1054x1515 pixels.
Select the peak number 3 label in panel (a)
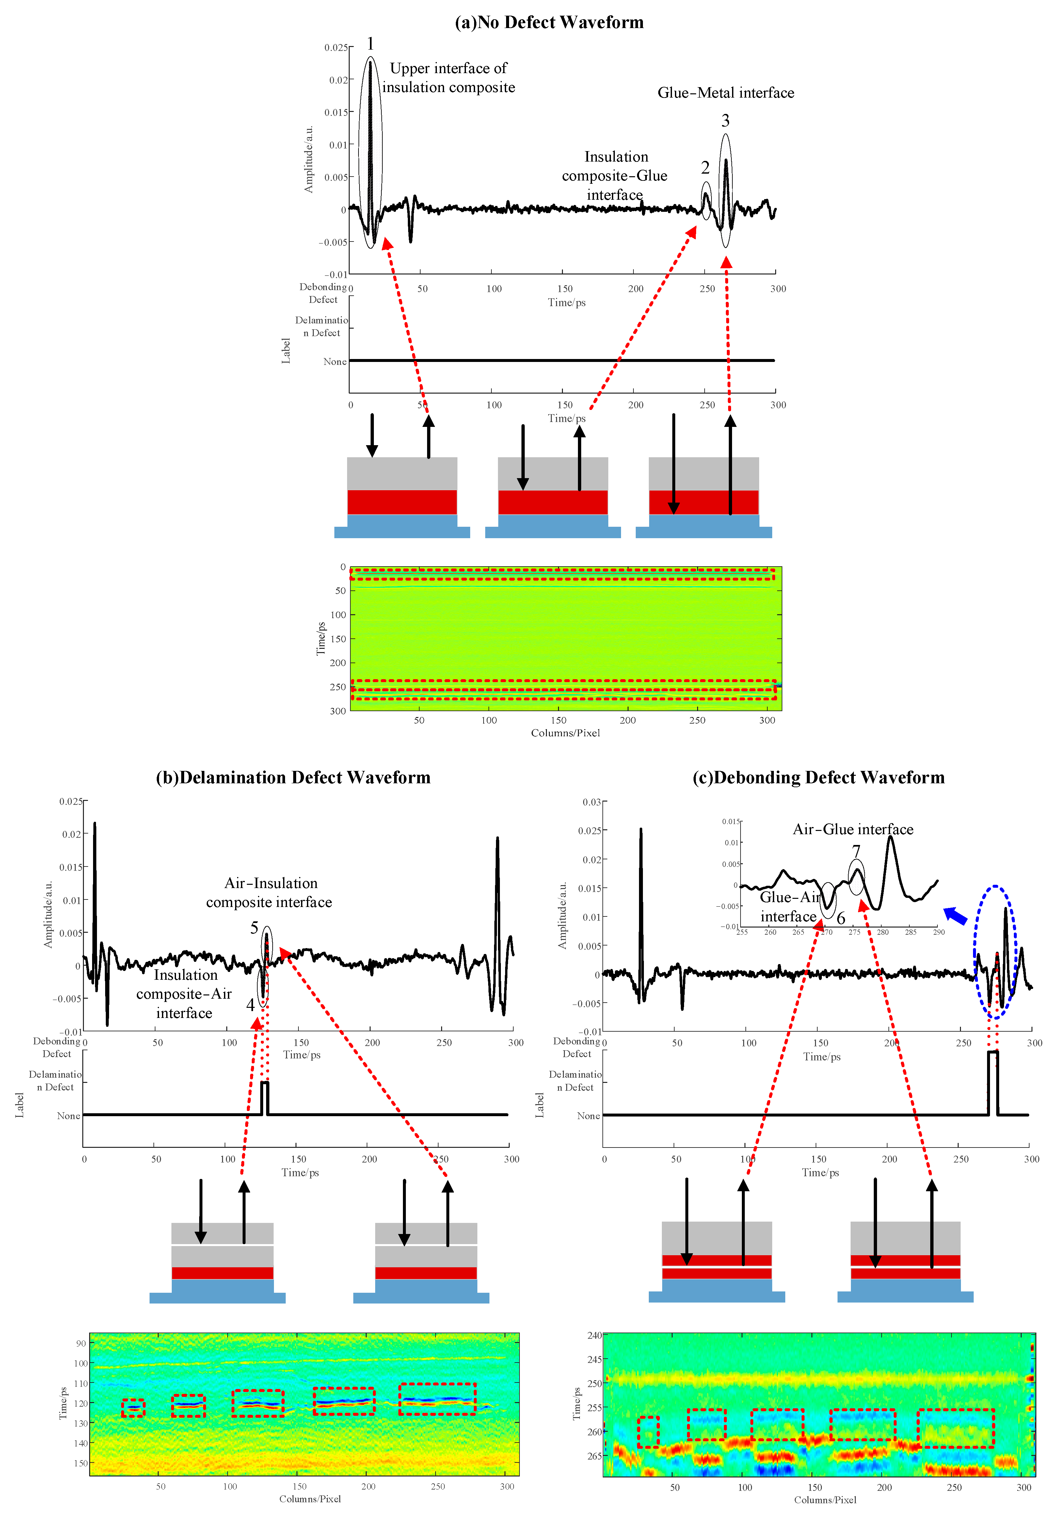(x=725, y=121)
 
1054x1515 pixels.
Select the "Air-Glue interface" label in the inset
(x=853, y=829)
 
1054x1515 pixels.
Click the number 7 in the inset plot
(x=856, y=851)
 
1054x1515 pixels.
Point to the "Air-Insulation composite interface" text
(x=269, y=893)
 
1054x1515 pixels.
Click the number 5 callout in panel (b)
(x=254, y=928)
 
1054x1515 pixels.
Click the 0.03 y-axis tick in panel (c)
(x=591, y=802)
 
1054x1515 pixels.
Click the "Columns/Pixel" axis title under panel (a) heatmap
(x=565, y=733)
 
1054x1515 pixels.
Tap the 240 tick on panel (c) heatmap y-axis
(x=594, y=1335)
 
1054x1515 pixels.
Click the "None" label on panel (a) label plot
(x=335, y=362)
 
